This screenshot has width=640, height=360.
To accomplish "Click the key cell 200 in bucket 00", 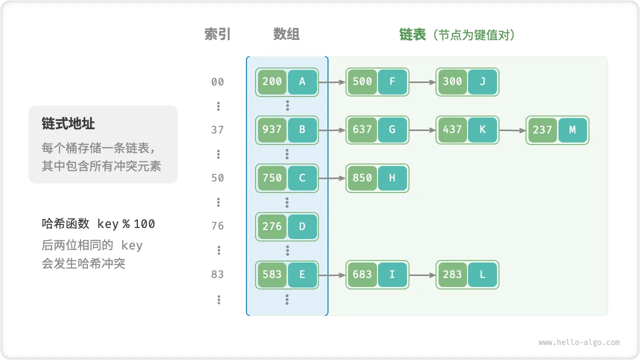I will [x=272, y=82].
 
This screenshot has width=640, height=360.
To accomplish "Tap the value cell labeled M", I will [x=572, y=130].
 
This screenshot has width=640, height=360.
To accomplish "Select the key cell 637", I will [x=362, y=130].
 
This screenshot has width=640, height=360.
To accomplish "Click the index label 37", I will [x=217, y=130].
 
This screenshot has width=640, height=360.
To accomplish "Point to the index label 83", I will [x=217, y=274].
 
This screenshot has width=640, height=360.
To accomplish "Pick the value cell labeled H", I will [x=392, y=178].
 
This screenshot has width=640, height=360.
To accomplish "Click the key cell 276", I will [x=272, y=226].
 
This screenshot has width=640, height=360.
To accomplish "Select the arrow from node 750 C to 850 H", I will [x=332, y=178].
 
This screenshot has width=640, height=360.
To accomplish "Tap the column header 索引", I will [x=217, y=34].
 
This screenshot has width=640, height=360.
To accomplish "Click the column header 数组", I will [x=286, y=34].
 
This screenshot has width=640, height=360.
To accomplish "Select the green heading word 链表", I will [x=412, y=34].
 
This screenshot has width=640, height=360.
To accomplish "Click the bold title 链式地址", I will [x=68, y=124].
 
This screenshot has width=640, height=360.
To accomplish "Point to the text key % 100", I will [x=126, y=224].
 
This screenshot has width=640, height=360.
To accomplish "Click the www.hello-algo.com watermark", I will [x=579, y=342].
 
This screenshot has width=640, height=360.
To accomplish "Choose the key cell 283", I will [x=452, y=274].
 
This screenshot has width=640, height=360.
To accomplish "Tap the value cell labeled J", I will [x=482, y=82].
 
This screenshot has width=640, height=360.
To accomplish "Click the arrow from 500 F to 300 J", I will [x=422, y=82].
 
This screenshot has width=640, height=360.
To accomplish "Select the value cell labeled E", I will [x=302, y=274].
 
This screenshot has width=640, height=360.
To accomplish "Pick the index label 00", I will [x=217, y=82].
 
